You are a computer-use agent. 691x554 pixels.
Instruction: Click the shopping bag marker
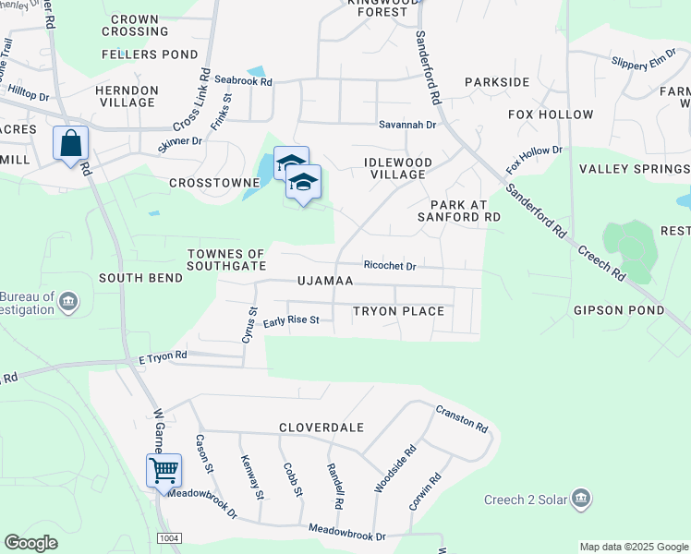[70, 144]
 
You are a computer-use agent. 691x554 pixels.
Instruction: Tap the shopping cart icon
[164, 470]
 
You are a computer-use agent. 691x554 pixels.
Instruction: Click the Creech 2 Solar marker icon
[581, 500]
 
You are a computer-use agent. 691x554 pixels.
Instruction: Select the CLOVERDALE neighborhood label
[321, 428]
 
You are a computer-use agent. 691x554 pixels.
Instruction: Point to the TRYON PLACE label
[398, 311]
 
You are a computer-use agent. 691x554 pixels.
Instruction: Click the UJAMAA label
[322, 280]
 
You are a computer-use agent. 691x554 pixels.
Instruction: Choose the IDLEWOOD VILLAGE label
[398, 168]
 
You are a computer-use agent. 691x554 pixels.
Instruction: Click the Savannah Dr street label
[406, 125]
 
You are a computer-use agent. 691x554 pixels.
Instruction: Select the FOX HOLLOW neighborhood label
[551, 114]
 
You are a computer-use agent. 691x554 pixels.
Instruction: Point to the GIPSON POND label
[618, 310]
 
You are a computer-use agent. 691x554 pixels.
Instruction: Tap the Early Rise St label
[291, 321]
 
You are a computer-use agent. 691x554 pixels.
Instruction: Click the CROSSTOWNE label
[214, 183]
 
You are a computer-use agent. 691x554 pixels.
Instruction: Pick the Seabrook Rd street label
[243, 81]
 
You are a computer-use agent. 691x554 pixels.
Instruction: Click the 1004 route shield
[169, 538]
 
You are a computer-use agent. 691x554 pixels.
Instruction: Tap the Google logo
[31, 543]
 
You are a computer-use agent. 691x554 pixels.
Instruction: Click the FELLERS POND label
[143, 54]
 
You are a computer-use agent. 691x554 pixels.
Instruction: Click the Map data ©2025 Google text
[633, 547]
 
